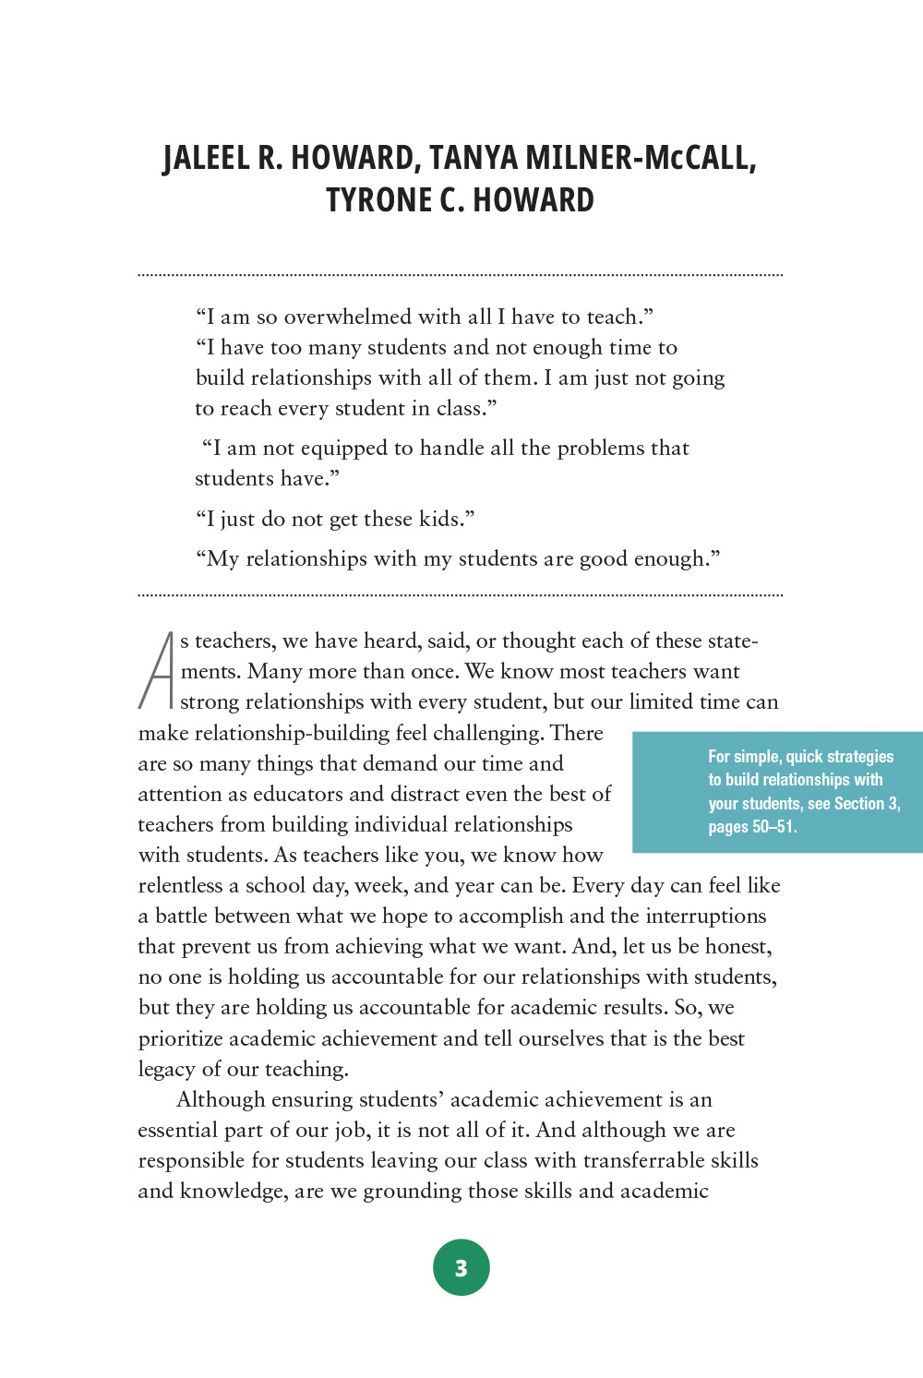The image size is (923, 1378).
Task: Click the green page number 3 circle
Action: pyautogui.click(x=461, y=1267)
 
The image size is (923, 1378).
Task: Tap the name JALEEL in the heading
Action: pyautogui.click(x=207, y=159)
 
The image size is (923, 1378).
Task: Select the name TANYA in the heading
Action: pyautogui.click(x=473, y=159)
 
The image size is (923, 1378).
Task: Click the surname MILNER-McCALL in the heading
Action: pyautogui.click(x=641, y=159)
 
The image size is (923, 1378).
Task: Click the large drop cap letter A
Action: pyautogui.click(x=157, y=670)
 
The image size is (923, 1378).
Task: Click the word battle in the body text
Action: pyautogui.click(x=181, y=916)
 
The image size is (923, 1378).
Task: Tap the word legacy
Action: pyautogui.click(x=165, y=1069)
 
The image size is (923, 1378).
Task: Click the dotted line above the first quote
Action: pyautogui.click(x=461, y=275)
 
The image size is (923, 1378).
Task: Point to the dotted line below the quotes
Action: pyautogui.click(x=461, y=595)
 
